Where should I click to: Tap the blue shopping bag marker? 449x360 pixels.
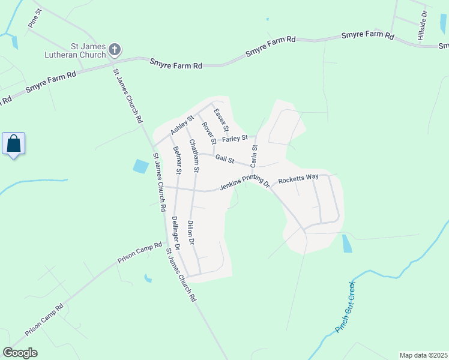coord(13,144)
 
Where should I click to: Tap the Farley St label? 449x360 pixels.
coord(235,139)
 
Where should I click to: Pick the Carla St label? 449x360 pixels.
coord(254,155)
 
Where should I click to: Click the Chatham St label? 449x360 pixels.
coord(194,157)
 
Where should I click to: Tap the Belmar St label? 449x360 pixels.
coord(177,160)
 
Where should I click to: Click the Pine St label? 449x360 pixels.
coord(34,19)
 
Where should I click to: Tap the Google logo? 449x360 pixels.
coord(20,353)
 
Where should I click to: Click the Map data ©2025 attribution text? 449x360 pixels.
coord(423,355)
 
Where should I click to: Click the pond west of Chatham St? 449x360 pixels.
coord(140,166)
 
